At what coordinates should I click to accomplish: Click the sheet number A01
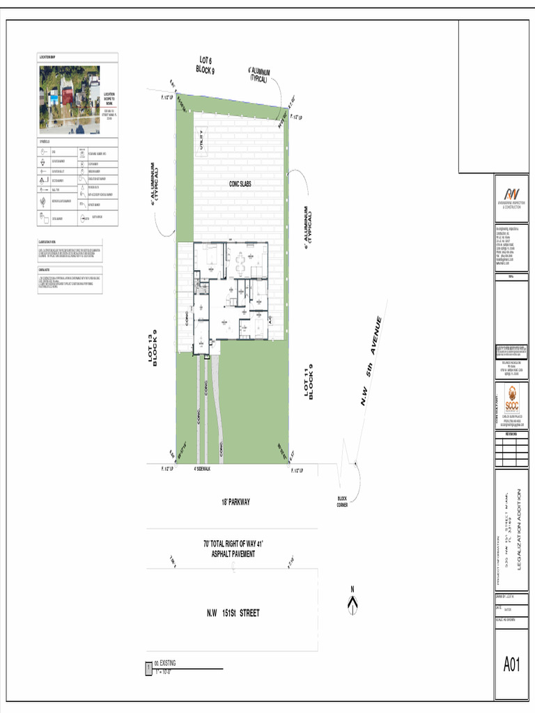512,665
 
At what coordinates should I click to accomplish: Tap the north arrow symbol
352,603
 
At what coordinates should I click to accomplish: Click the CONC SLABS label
240,184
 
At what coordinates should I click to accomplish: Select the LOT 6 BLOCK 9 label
205,66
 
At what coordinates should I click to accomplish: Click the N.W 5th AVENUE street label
371,362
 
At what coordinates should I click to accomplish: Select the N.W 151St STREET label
233,613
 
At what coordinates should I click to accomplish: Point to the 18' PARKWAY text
235,502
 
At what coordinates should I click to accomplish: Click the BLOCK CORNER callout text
342,501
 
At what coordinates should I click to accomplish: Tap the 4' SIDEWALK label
202,469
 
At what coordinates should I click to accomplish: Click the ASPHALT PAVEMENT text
233,554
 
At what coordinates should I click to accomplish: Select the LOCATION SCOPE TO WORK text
109,99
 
